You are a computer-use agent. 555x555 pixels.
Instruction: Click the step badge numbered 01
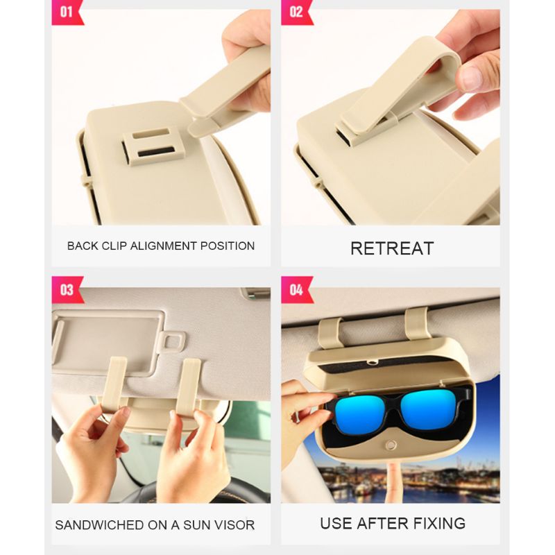click(x=67, y=12)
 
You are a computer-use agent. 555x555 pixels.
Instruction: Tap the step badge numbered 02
click(x=297, y=12)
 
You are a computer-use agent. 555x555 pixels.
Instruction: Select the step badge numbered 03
click(x=67, y=290)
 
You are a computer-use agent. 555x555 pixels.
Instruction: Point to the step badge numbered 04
click(x=297, y=290)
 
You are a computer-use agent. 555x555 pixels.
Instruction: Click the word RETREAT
click(x=392, y=248)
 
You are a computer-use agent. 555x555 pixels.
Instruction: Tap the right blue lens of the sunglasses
click(x=429, y=409)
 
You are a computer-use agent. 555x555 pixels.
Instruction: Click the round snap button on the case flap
click(x=391, y=445)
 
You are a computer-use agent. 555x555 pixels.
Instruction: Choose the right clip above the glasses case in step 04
click(x=418, y=324)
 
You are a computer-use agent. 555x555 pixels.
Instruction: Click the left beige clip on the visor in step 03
click(x=114, y=384)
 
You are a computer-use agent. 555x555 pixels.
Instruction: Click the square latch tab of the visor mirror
click(x=171, y=341)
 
